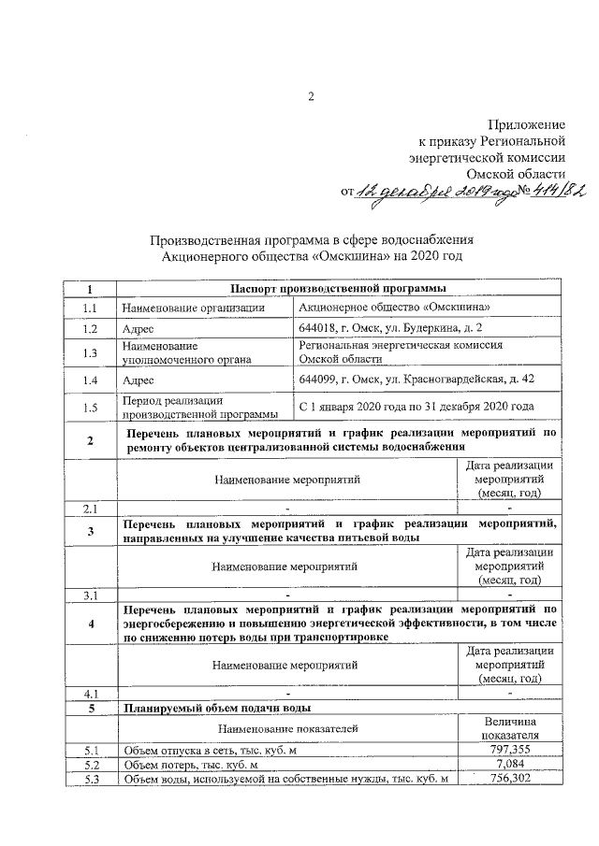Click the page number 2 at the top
(312, 96)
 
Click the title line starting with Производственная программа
(313, 238)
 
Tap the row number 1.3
(90, 352)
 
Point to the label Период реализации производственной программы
(199, 407)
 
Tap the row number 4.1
(90, 694)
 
